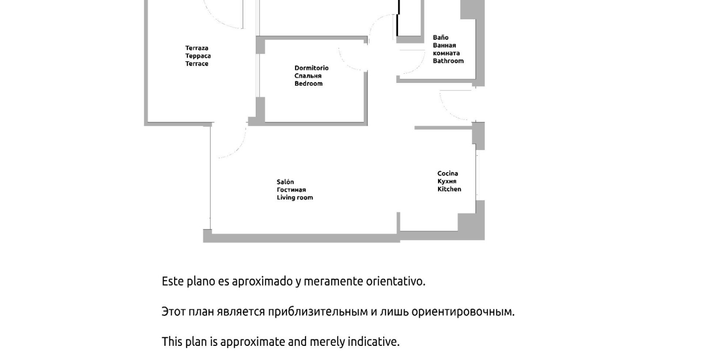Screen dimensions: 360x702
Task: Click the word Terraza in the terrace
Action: tap(197, 48)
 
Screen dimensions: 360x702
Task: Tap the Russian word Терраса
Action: tap(198, 56)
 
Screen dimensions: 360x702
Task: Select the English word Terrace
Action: tap(197, 63)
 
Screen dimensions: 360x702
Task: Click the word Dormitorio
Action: tap(312, 68)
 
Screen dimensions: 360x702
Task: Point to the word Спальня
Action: tap(308, 76)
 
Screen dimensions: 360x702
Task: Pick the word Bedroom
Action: tap(309, 84)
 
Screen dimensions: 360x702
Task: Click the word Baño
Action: tap(441, 37)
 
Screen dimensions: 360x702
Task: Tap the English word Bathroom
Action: tap(448, 61)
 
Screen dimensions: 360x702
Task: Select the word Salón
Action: tap(285, 182)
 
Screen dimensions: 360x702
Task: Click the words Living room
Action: tap(295, 198)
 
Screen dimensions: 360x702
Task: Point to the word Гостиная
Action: tap(291, 190)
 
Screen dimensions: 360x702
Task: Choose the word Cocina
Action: tap(448, 173)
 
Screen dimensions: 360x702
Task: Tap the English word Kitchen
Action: tap(449, 189)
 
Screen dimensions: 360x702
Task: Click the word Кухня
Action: tap(447, 181)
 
